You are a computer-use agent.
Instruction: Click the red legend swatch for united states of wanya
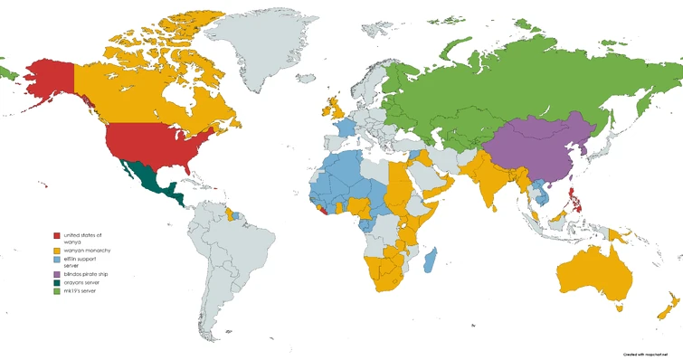[56, 236]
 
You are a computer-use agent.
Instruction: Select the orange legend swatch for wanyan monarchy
[56, 249]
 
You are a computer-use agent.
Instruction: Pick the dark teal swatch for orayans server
[56, 282]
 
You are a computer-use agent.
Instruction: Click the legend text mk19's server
[80, 291]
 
